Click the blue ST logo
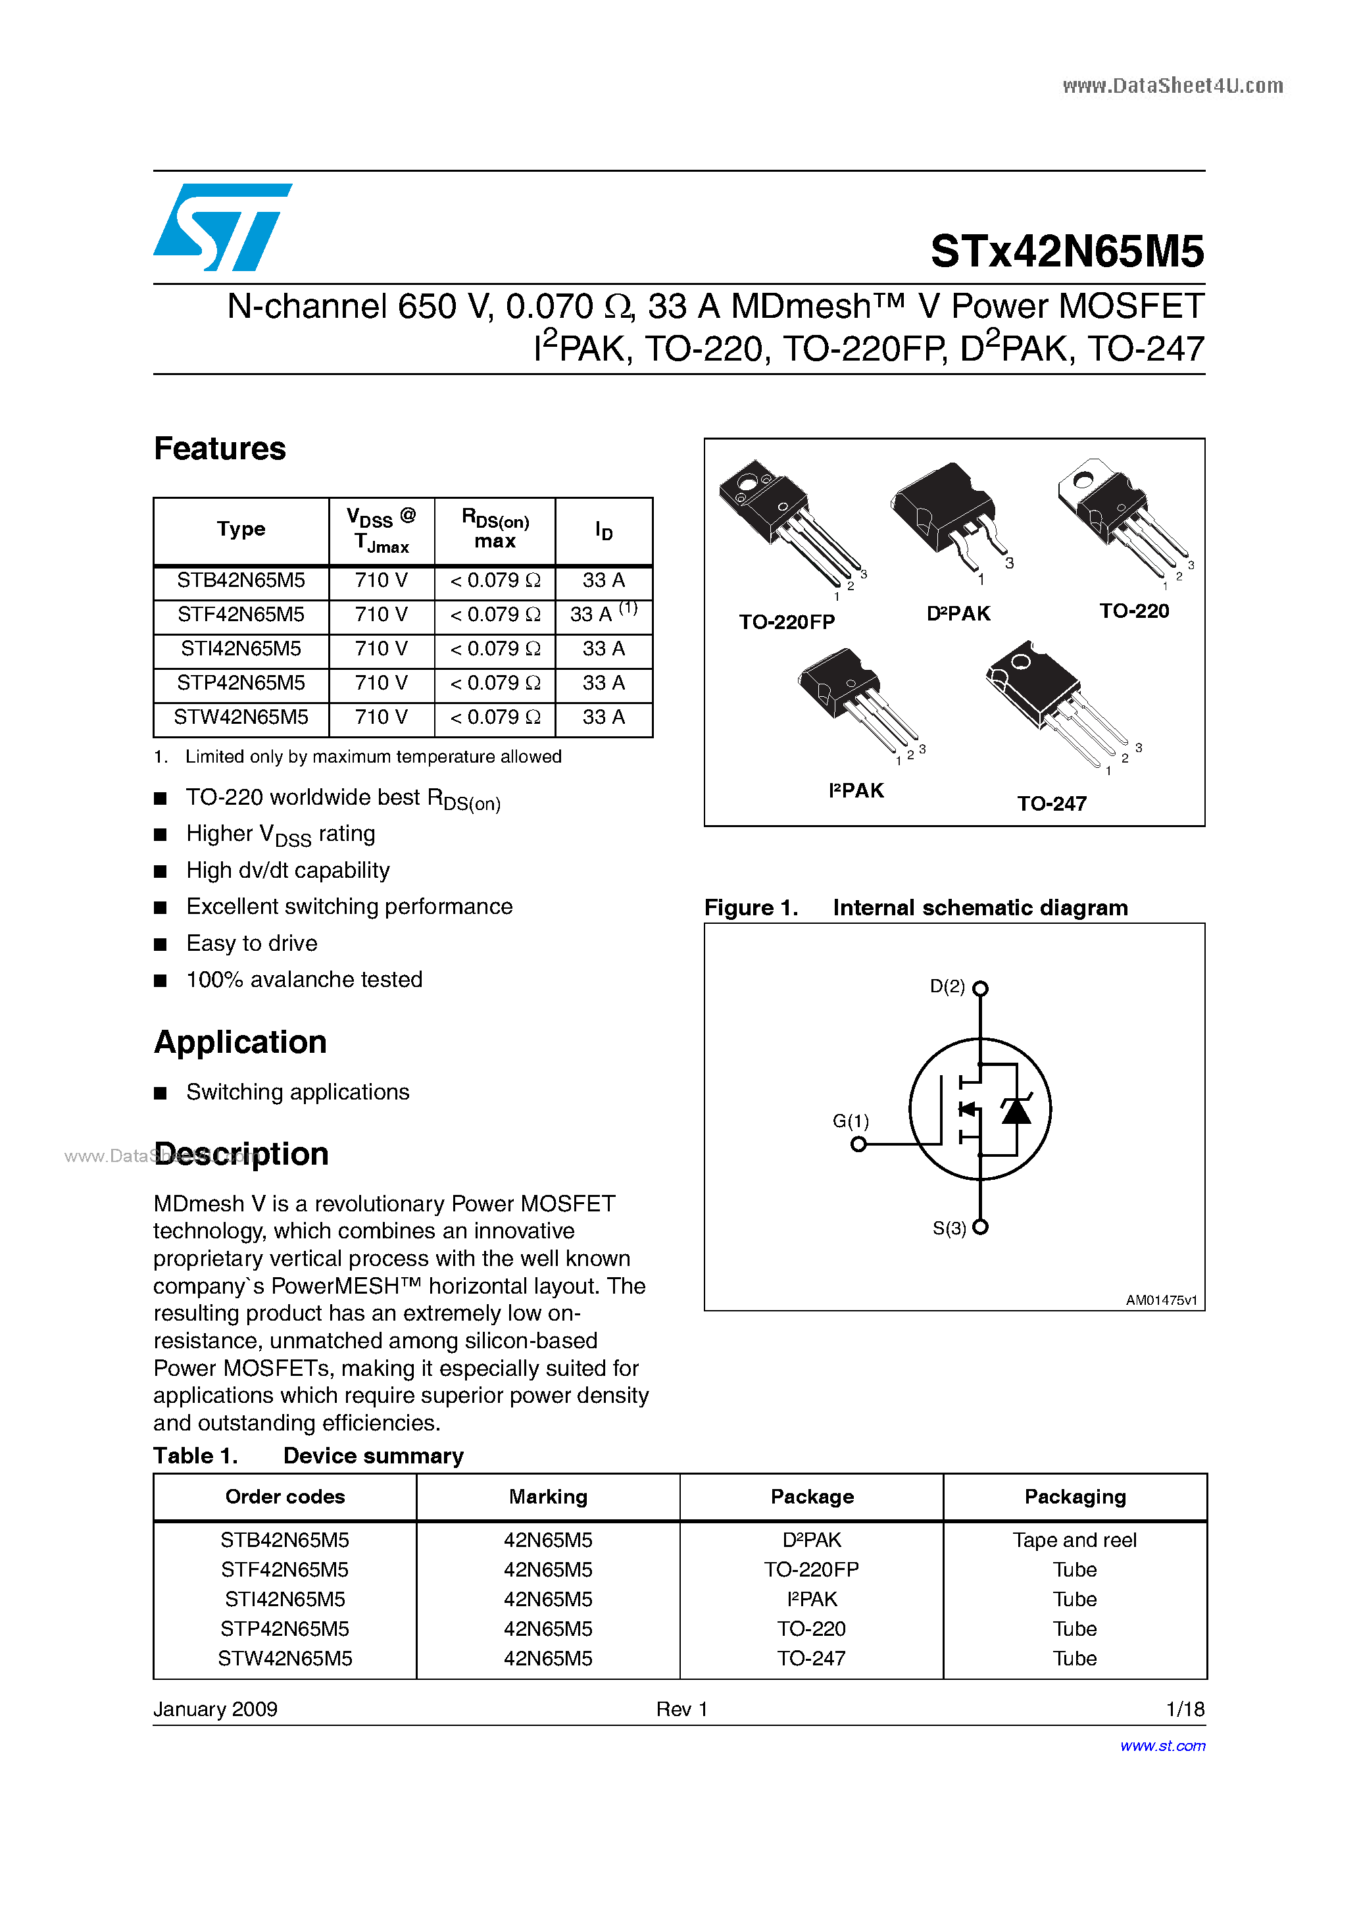click(222, 227)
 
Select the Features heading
click(220, 449)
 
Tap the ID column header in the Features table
click(603, 530)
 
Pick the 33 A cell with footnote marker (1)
click(603, 614)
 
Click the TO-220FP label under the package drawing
click(786, 622)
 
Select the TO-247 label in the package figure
click(1052, 803)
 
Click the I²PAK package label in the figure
click(855, 791)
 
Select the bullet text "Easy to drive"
click(251, 944)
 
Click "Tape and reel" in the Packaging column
click(1074, 1540)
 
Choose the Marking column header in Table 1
click(548, 1497)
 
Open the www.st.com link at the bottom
click(1162, 1746)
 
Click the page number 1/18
click(1185, 1709)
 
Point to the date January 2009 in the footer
click(215, 1709)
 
